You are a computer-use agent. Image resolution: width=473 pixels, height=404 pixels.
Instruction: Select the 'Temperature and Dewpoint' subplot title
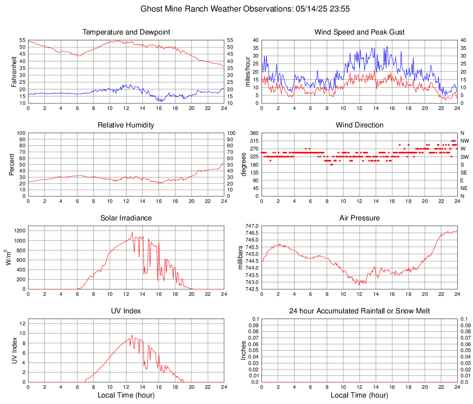click(126, 32)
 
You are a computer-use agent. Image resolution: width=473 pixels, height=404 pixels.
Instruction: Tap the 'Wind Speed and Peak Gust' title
click(359, 32)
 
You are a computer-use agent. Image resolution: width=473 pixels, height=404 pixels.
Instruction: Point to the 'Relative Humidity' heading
click(126, 125)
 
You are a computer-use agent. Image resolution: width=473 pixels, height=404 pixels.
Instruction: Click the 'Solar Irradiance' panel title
click(126, 218)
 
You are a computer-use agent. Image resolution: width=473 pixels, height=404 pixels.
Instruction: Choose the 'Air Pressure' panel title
click(359, 218)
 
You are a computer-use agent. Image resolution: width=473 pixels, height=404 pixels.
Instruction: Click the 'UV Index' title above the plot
click(126, 311)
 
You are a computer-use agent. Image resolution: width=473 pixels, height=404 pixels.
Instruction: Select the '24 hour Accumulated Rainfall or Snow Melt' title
click(359, 311)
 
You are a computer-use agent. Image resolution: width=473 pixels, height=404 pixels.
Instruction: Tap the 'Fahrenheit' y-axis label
click(13, 72)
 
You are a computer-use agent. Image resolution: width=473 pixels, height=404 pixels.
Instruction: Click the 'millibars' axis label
click(240, 257)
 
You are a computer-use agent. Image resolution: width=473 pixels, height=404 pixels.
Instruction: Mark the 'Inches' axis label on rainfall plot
click(244, 350)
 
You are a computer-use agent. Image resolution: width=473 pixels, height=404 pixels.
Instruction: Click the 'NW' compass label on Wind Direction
click(464, 141)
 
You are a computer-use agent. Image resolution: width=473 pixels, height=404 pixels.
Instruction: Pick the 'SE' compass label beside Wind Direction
click(464, 173)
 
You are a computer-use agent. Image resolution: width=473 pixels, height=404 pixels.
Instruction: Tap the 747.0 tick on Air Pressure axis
click(252, 226)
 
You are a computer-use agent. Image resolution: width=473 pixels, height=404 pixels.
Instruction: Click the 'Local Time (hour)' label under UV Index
click(126, 395)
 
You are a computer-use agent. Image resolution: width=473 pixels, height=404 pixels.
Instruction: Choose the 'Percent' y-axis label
click(12, 165)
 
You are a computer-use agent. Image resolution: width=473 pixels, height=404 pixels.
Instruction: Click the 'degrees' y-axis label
click(244, 165)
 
